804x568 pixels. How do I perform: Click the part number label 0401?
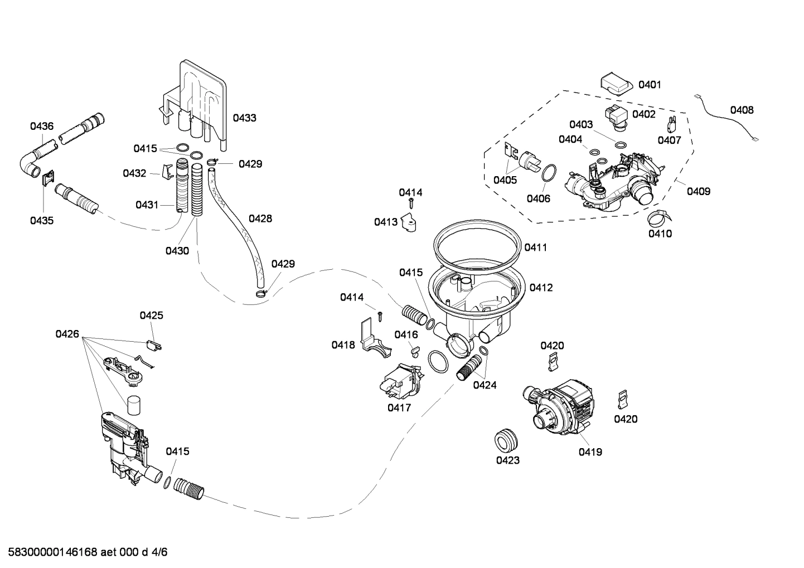650,85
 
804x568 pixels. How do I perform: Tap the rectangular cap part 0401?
616,84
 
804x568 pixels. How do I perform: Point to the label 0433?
244,118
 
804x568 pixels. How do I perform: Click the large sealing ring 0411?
478,244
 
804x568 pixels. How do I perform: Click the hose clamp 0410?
660,217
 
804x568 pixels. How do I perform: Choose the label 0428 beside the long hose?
260,219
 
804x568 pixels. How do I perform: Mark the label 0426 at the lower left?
67,334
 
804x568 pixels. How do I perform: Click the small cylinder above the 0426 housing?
133,405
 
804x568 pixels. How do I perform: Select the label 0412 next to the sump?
541,288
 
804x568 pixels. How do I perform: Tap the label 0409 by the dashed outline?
698,191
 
